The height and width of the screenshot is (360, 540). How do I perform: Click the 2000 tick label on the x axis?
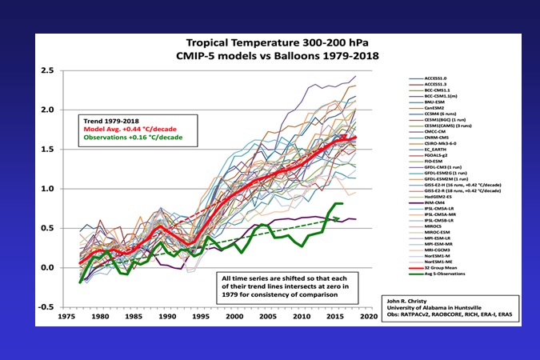pos(233,316)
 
